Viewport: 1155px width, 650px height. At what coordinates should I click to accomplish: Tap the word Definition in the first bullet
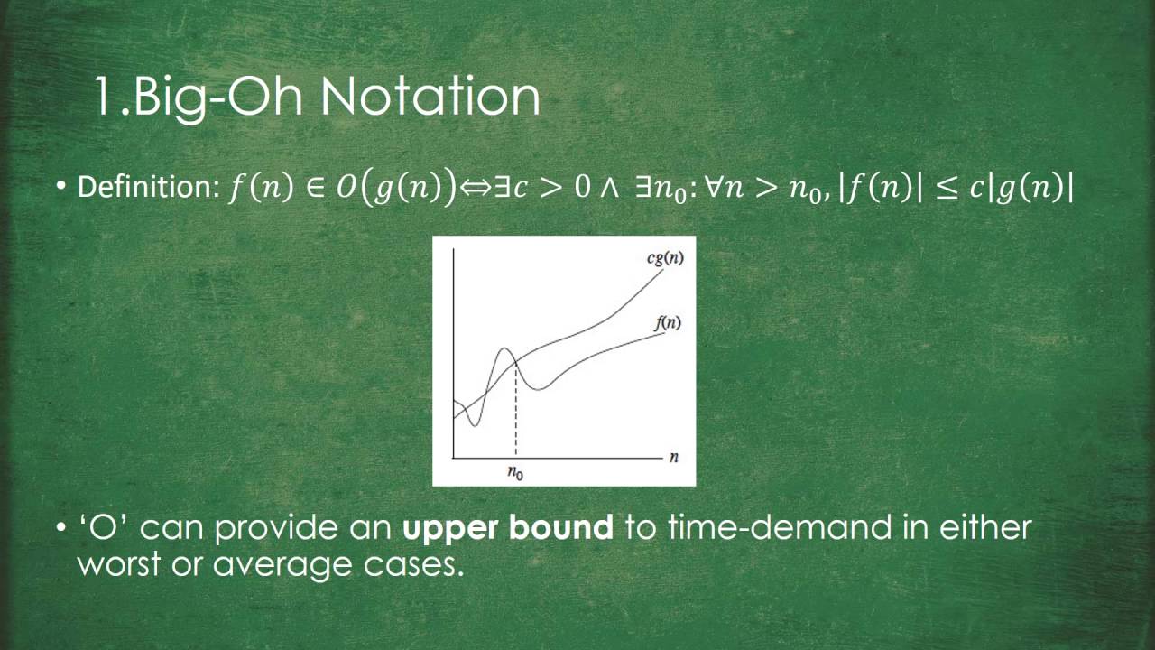tap(144, 187)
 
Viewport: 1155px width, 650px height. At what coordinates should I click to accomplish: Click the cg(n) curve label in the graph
tap(666, 258)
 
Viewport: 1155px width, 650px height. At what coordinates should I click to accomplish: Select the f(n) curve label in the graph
tap(666, 322)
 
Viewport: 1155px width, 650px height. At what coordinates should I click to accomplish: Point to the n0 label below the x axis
tap(515, 471)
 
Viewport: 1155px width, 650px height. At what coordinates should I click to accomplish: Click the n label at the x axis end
tap(674, 457)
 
